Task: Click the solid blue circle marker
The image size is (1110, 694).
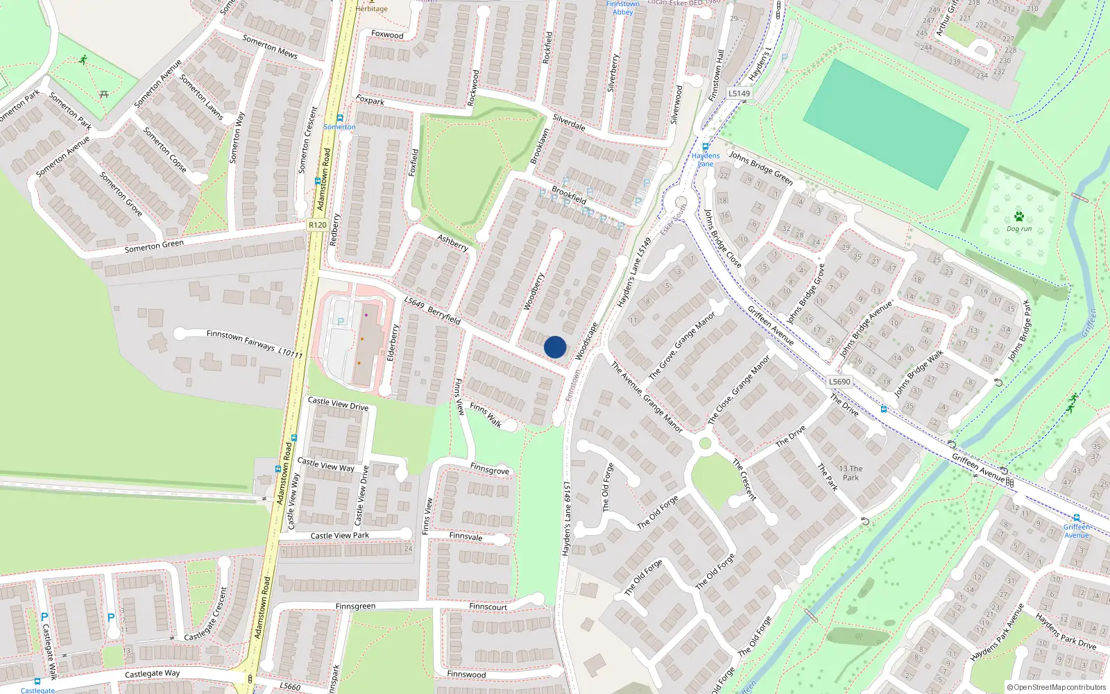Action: click(555, 347)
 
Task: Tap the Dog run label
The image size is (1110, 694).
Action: click(1019, 229)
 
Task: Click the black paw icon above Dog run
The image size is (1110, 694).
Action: click(1019, 217)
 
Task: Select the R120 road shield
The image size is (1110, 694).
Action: click(317, 225)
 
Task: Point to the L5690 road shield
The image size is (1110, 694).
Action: click(839, 382)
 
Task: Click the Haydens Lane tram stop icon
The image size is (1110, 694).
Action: click(706, 147)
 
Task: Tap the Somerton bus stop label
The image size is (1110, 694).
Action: click(339, 127)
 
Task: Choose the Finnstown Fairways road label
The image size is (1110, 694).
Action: click(254, 344)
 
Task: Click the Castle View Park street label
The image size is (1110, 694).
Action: click(340, 536)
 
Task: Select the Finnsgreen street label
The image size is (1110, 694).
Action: click(355, 607)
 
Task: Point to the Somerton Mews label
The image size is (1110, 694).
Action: click(270, 46)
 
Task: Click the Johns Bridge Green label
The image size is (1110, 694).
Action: click(760, 168)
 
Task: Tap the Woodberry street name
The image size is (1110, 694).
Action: click(534, 291)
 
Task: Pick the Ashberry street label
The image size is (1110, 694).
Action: click(452, 242)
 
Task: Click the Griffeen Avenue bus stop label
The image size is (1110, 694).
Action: click(1077, 531)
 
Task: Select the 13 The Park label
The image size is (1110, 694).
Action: click(851, 473)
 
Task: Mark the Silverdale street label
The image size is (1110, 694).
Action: click(569, 123)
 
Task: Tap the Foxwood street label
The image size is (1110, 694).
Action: click(387, 34)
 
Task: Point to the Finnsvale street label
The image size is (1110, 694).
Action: click(466, 536)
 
